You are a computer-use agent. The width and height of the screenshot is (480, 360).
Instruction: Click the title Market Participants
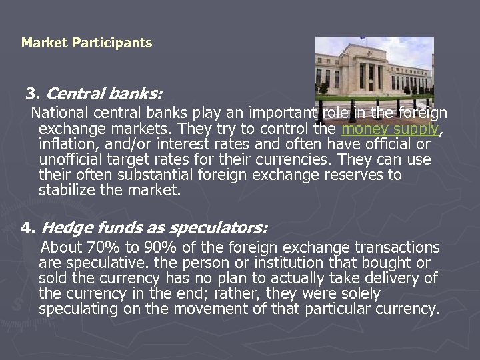coord(87,43)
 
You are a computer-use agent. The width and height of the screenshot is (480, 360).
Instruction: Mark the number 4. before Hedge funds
coord(28,228)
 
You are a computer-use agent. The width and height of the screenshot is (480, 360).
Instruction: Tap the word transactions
coord(396,248)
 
